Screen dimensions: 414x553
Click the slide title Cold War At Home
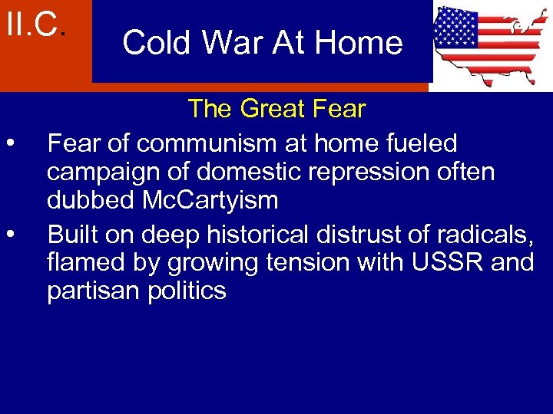[262, 42]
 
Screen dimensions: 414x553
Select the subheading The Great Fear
[276, 109]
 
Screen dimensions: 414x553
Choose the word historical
[277, 232]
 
